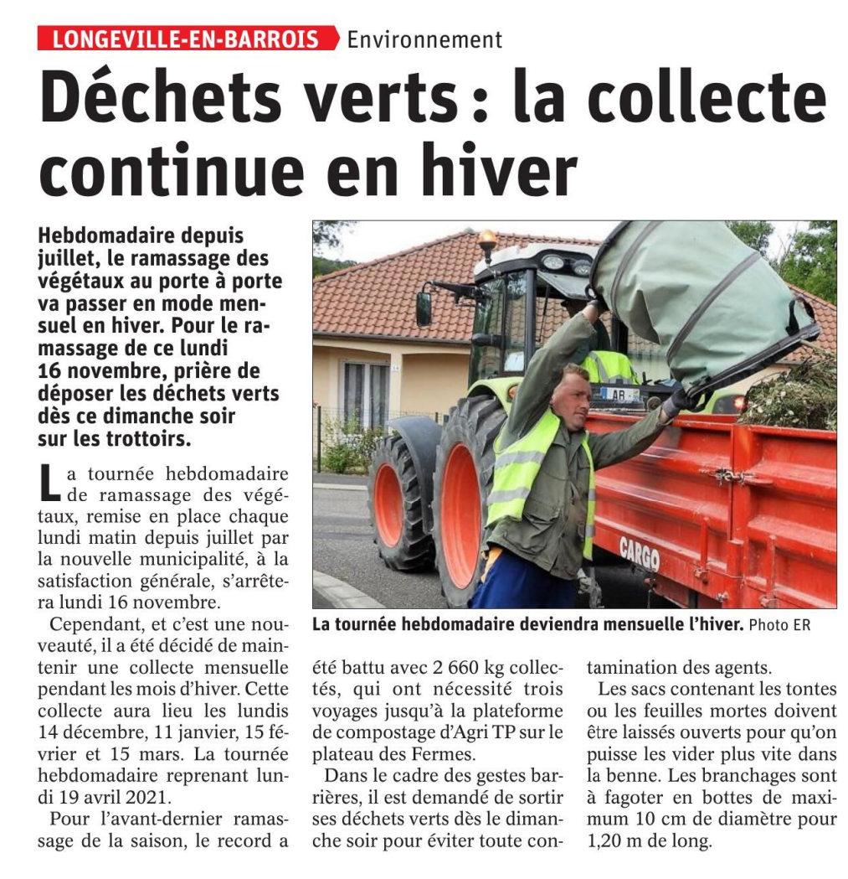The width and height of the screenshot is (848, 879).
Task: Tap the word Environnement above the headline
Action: pyautogui.click(x=424, y=39)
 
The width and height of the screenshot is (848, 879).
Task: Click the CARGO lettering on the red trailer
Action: pyautogui.click(x=640, y=553)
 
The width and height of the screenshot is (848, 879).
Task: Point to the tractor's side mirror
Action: pyautogui.click(x=424, y=309)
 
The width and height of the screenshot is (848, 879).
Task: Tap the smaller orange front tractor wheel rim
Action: pyautogui.click(x=388, y=504)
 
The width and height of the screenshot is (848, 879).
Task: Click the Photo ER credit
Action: pyautogui.click(x=779, y=625)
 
